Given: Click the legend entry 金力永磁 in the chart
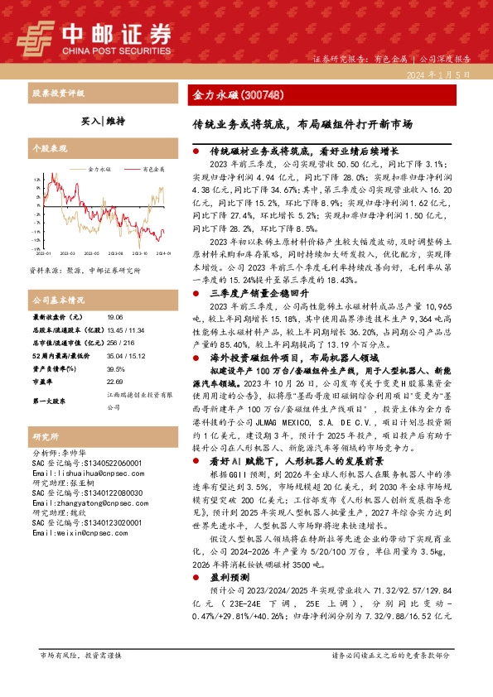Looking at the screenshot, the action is point(99,168).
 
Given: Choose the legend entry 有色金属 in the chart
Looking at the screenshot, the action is point(152,168).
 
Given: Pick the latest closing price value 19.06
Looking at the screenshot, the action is point(114,317).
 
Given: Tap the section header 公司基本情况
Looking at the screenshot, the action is point(58,299).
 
